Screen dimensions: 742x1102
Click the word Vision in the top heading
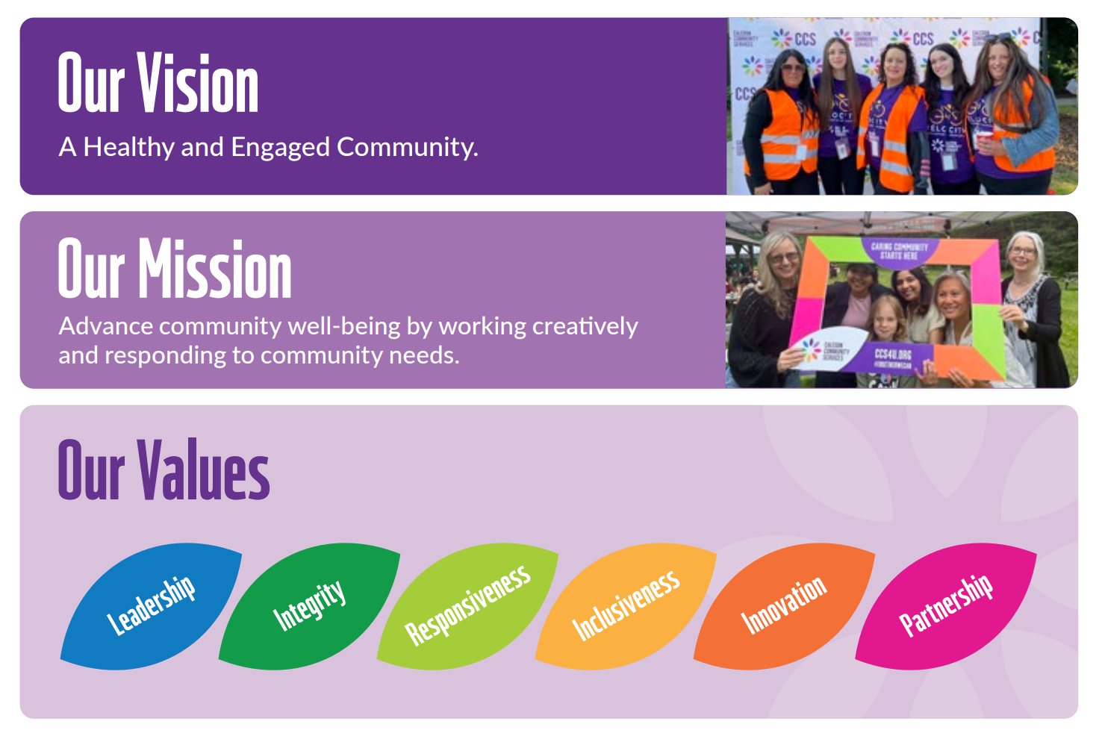click(198, 84)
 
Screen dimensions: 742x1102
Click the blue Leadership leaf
click(152, 605)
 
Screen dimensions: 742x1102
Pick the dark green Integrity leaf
click(309, 605)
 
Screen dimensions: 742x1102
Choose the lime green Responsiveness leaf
click(467, 605)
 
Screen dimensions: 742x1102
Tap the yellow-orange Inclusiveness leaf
click(626, 605)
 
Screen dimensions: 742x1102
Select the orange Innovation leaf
click(784, 605)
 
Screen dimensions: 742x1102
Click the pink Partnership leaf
click(945, 605)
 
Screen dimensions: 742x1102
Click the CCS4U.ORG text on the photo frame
click(892, 354)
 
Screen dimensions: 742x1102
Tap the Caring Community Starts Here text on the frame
click(899, 251)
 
